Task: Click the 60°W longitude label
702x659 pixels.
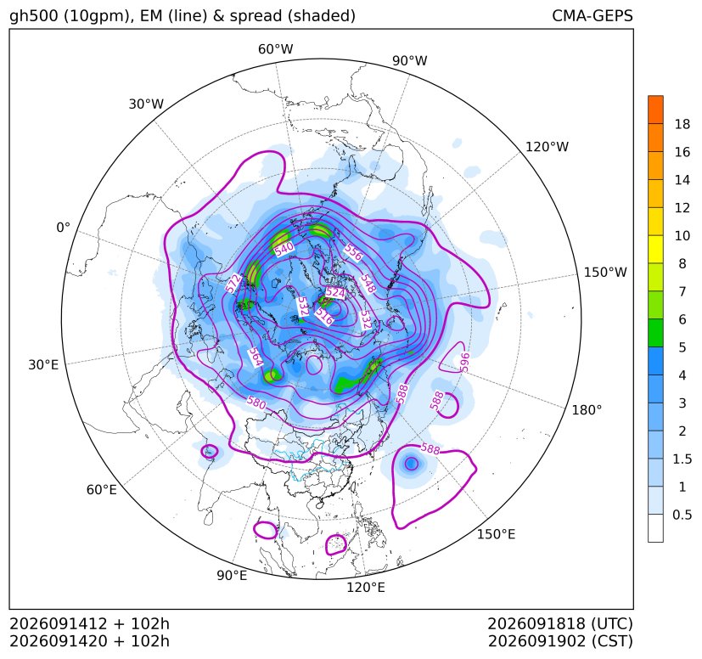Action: pos(275,49)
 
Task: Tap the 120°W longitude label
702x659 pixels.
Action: pos(547,147)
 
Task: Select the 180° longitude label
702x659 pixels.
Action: pos(587,410)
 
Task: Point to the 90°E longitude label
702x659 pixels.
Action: pos(232,576)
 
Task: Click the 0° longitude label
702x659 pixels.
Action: pos(63,228)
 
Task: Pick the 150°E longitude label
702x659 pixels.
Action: pos(496,534)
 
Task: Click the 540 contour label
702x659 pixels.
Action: pos(284,249)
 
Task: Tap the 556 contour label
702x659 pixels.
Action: pos(353,253)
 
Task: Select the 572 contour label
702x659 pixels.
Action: pos(233,284)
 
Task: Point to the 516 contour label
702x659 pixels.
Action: pos(324,316)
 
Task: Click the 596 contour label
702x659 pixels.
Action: pos(464,362)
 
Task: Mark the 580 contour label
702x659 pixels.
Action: pos(256,403)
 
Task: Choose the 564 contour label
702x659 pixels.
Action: pos(256,357)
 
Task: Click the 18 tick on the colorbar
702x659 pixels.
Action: pos(682,124)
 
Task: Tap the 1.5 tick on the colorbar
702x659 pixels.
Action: pos(682,459)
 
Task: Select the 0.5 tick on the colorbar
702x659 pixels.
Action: pos(682,515)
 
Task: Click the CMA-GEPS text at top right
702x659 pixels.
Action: pos(592,15)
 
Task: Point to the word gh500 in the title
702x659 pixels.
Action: pos(34,16)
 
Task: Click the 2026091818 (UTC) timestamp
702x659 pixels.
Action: pos(560,623)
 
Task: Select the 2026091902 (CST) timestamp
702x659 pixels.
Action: pos(560,641)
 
